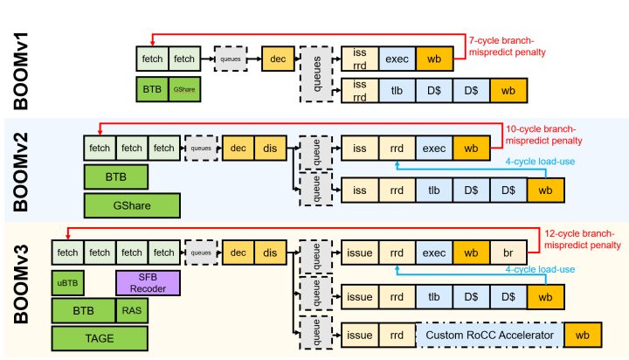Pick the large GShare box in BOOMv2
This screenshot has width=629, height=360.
coord(132,205)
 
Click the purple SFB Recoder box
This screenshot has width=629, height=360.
coord(147,282)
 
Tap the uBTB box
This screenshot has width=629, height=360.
coord(67,282)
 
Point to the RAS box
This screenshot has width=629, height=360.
coord(128,310)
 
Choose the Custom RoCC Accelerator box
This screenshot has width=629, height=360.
coord(488,335)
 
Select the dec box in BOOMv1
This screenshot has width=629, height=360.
coord(277,59)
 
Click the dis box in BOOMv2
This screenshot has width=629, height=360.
coord(267,149)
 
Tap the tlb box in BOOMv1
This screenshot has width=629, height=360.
coord(397,89)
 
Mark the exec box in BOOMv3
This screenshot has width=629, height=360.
coord(434,253)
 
